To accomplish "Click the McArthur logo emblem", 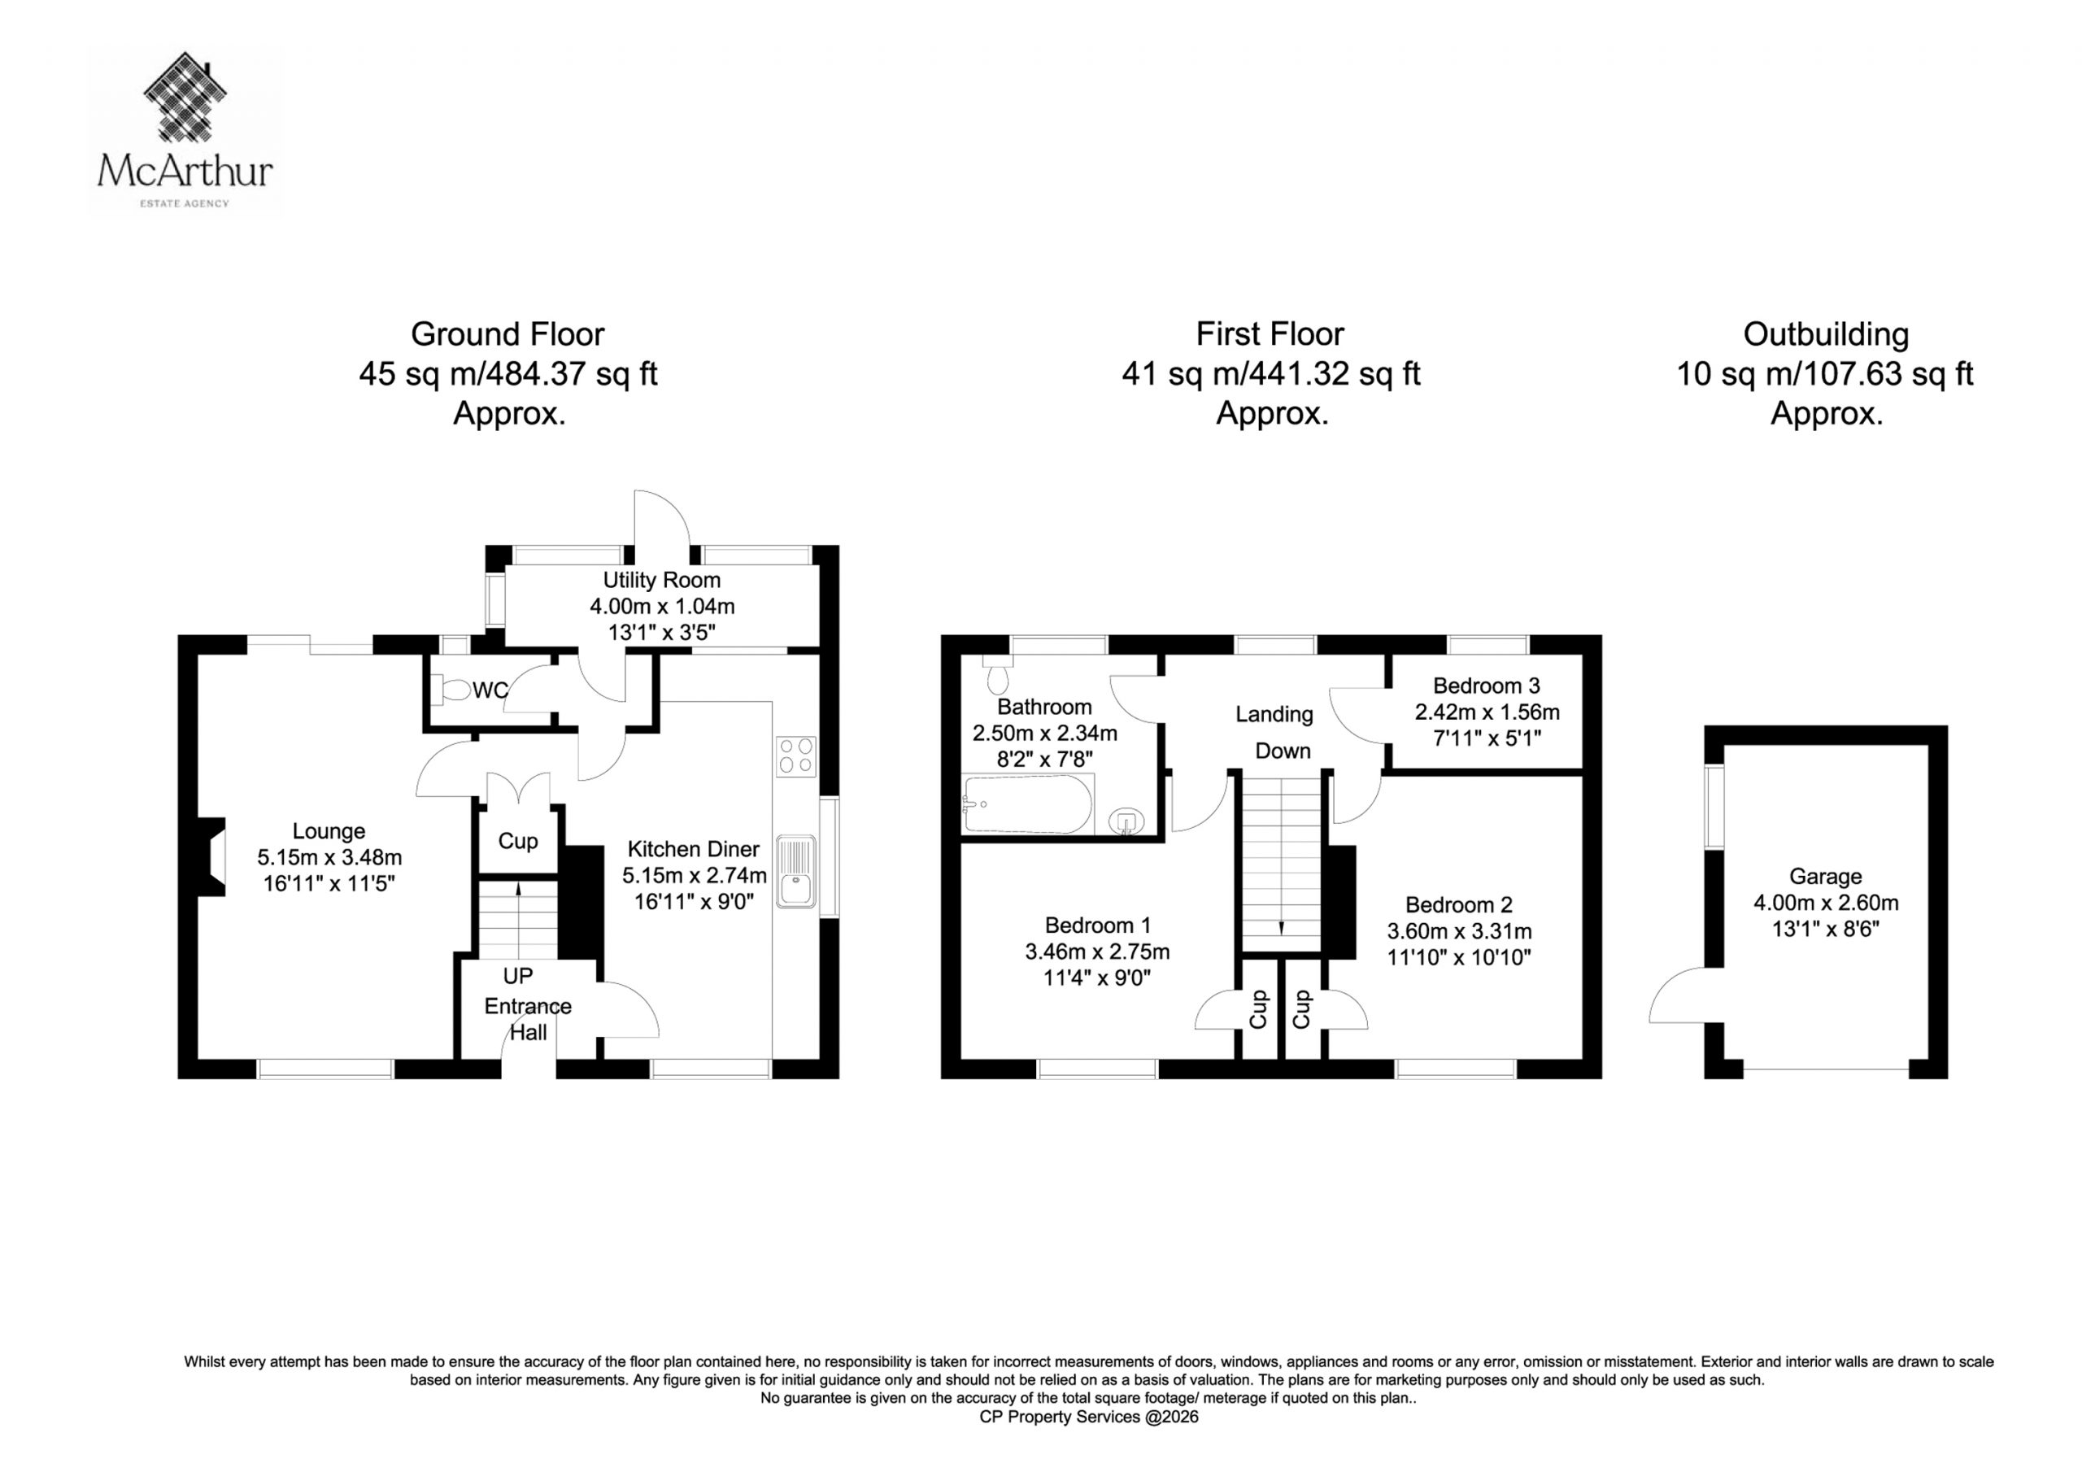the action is pyautogui.click(x=186, y=96).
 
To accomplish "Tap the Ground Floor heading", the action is pyautogui.click(x=507, y=335).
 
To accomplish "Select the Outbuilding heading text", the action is pyautogui.click(x=1825, y=335).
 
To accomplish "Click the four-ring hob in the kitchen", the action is pyautogui.click(x=796, y=756).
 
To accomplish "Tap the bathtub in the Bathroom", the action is pyautogui.click(x=1028, y=804).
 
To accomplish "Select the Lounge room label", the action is pyautogui.click(x=329, y=831).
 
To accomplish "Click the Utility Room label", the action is pyautogui.click(x=662, y=581).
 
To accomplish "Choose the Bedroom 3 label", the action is pyautogui.click(x=1486, y=686).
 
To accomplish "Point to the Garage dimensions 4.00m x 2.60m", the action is pyautogui.click(x=1825, y=904).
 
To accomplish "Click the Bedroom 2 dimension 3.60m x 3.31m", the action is pyautogui.click(x=1459, y=931).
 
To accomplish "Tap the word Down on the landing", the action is pyautogui.click(x=1283, y=751).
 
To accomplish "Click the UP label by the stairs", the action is pyautogui.click(x=518, y=976).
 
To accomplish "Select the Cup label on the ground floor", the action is pyautogui.click(x=518, y=841).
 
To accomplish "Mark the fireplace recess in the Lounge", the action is pyautogui.click(x=212, y=857).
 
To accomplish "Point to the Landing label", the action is pyautogui.click(x=1274, y=715).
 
